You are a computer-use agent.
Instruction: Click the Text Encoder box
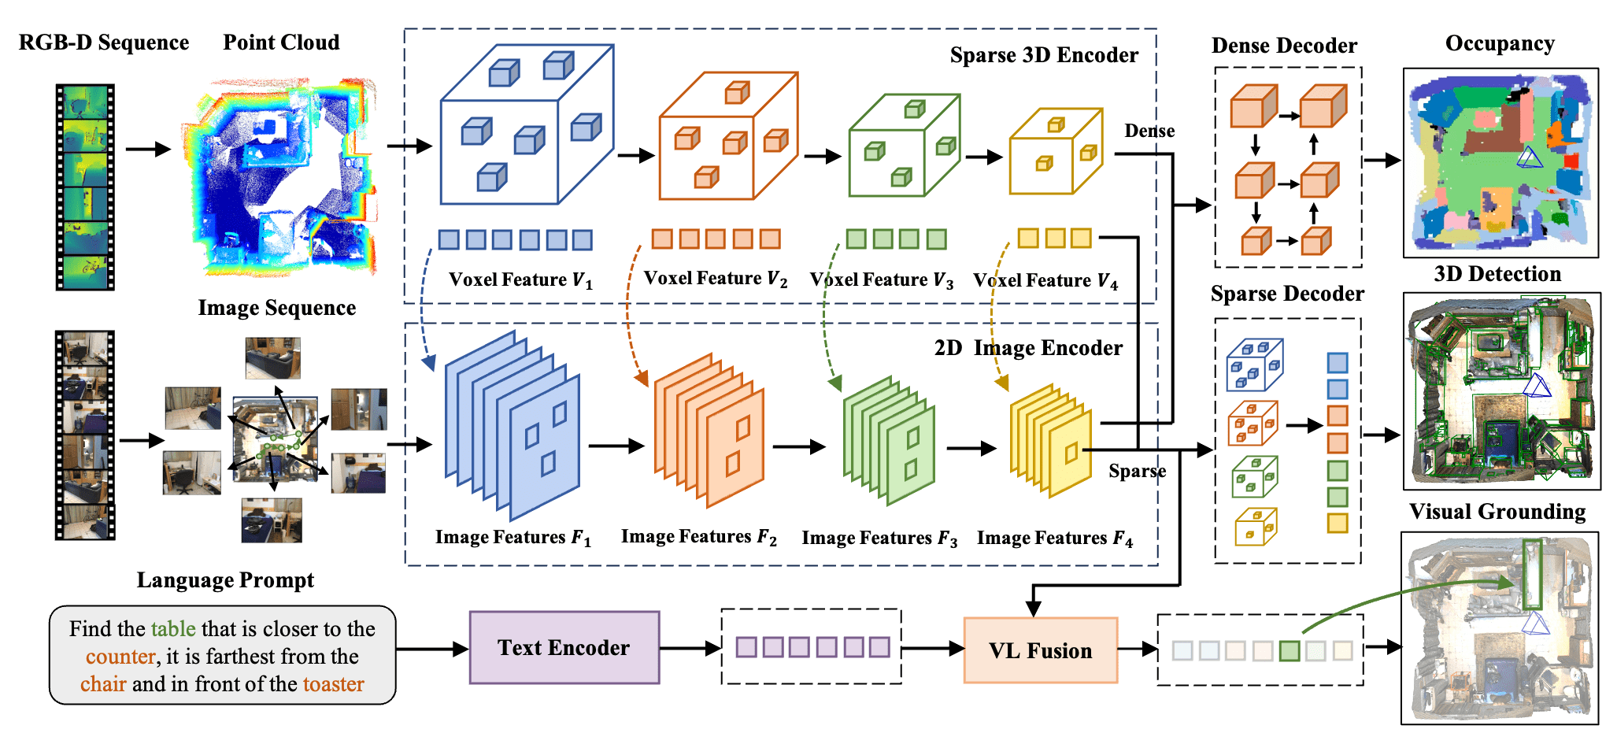click(564, 647)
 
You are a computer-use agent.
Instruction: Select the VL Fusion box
click(1041, 650)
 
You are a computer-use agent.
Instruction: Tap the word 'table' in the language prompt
click(173, 628)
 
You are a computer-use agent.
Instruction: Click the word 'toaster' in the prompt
click(334, 683)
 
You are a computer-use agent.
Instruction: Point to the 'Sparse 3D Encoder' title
click(1044, 55)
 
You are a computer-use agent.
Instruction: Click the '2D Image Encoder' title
click(1028, 348)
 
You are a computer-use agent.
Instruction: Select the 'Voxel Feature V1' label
click(520, 280)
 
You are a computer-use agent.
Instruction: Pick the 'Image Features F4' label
click(1055, 539)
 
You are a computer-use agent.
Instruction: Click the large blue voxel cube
click(527, 124)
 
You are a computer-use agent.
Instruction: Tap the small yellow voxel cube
click(1056, 151)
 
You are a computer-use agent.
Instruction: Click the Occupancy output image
click(1500, 162)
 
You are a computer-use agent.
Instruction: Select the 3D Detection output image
click(1501, 391)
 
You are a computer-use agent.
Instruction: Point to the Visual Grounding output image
click(1500, 627)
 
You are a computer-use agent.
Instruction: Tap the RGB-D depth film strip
click(85, 187)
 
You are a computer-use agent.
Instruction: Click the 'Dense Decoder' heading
click(1284, 46)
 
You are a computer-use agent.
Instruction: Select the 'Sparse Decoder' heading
click(1287, 294)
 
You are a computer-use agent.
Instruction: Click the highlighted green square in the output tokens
click(1290, 650)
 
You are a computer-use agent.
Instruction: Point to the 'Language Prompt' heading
click(225, 580)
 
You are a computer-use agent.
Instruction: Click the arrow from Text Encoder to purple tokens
click(690, 648)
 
